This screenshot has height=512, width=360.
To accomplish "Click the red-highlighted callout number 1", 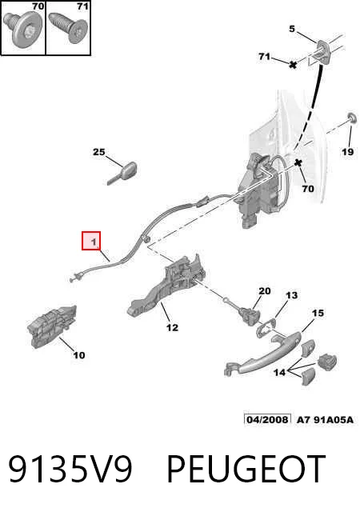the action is click(x=94, y=242).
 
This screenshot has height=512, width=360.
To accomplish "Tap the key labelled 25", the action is click(x=122, y=173).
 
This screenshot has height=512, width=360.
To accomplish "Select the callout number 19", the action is click(x=347, y=151).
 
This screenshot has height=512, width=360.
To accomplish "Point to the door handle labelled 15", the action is click(x=262, y=355).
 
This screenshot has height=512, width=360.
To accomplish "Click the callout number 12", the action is click(x=172, y=327).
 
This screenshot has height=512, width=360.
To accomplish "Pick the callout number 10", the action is click(x=78, y=355).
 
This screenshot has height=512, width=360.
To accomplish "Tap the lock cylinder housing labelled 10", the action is click(x=52, y=326).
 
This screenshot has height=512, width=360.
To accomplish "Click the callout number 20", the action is click(x=265, y=290).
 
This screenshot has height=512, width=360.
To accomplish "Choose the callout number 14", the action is click(x=279, y=372).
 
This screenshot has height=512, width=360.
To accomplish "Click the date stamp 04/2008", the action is click(x=267, y=419).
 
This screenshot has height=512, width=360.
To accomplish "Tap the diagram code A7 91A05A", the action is click(x=325, y=419).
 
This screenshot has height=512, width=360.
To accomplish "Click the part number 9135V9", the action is click(x=70, y=469).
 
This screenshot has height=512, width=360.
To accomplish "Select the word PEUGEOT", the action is click(x=246, y=469).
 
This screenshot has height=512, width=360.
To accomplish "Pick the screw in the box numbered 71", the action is click(x=68, y=27).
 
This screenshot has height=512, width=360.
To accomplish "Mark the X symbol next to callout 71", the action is click(x=293, y=64).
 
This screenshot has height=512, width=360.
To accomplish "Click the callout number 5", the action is click(x=292, y=29).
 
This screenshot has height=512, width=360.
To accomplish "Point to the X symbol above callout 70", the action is click(x=298, y=162).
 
